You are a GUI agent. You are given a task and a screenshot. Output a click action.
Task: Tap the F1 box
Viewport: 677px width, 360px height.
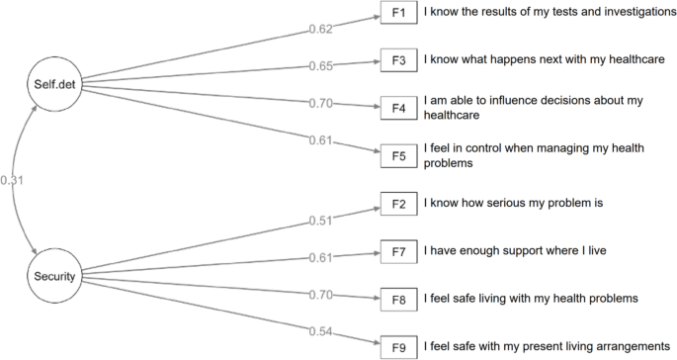[x=397, y=14]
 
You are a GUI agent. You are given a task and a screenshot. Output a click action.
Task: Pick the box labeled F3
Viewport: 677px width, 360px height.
[x=397, y=60]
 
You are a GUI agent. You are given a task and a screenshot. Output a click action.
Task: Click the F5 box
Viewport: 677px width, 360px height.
[x=397, y=155]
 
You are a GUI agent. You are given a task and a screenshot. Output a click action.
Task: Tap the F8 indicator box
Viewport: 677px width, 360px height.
[x=397, y=298]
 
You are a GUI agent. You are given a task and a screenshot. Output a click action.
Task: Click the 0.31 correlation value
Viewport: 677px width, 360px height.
[x=13, y=180]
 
